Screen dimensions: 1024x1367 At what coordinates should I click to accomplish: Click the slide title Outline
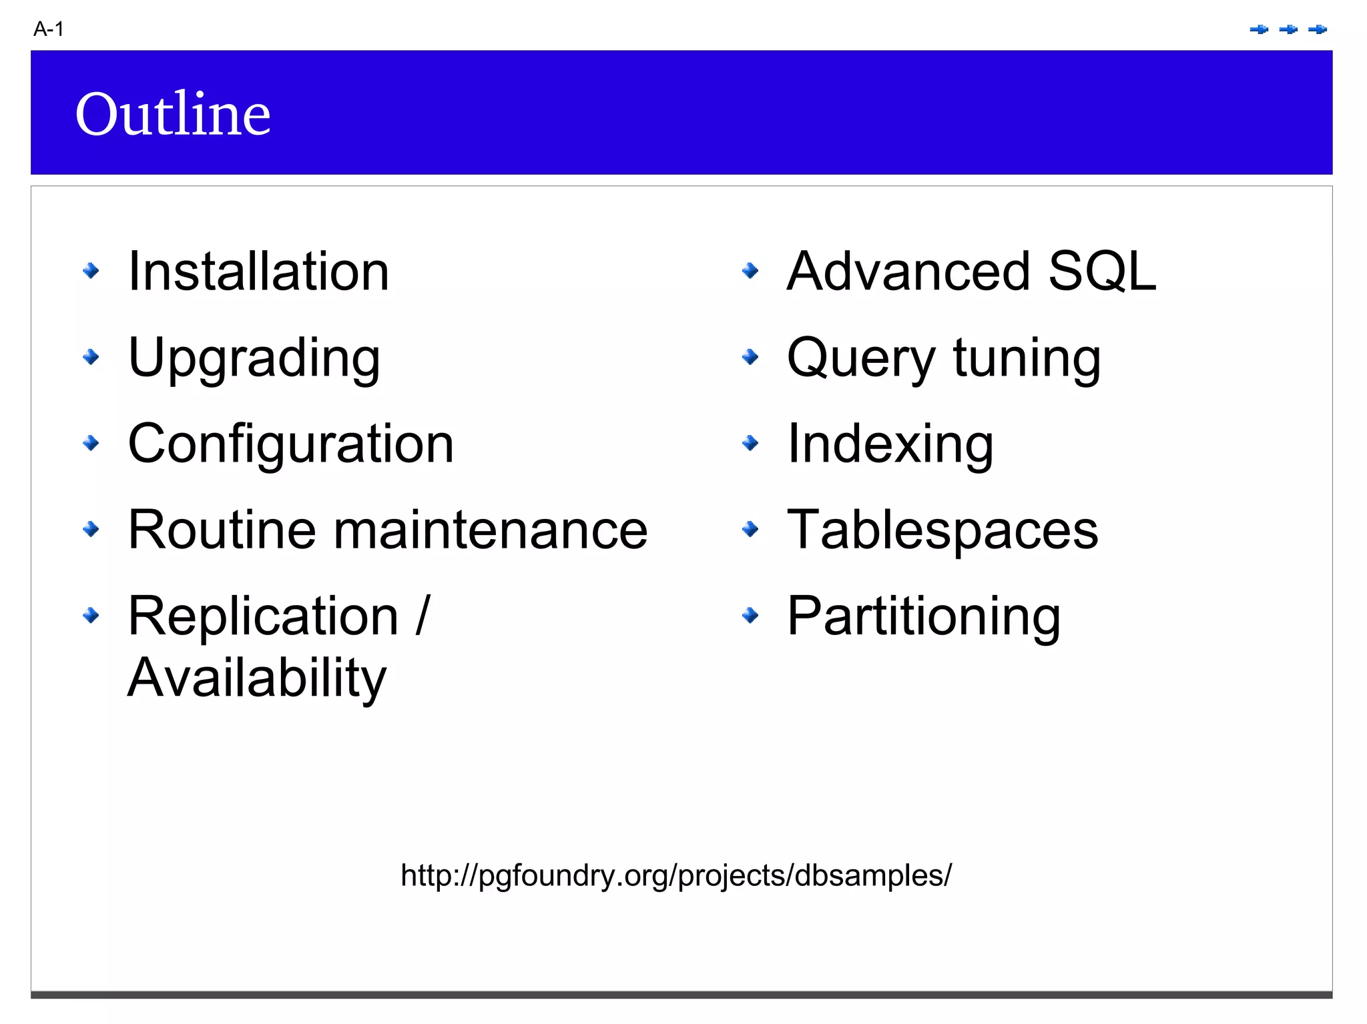click(173, 113)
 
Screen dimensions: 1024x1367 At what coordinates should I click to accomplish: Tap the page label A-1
click(49, 29)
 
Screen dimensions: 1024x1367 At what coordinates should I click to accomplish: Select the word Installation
click(258, 272)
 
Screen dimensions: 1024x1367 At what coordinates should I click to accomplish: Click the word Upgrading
click(254, 358)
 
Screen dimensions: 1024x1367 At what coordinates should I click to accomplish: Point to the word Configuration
click(291, 444)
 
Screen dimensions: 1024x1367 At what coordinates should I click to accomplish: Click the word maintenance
click(491, 530)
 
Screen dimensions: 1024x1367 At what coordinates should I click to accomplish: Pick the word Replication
click(263, 616)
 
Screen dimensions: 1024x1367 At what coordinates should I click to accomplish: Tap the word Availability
click(257, 678)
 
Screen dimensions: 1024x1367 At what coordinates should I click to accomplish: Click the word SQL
click(1102, 272)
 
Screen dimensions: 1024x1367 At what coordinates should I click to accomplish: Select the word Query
click(861, 358)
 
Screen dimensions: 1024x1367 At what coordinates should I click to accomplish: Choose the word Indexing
click(890, 444)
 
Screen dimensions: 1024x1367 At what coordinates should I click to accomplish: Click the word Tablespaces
click(942, 530)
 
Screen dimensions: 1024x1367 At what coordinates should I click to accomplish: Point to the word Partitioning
click(924, 616)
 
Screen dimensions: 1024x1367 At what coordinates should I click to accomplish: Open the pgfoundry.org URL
click(676, 875)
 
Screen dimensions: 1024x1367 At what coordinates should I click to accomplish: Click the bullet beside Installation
click(91, 271)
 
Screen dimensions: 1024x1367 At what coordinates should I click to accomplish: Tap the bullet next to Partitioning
click(750, 615)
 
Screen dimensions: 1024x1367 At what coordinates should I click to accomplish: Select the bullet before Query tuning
click(750, 357)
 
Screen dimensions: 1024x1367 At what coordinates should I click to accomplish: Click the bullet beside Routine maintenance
click(91, 530)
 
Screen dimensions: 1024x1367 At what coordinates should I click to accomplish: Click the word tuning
click(1027, 358)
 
